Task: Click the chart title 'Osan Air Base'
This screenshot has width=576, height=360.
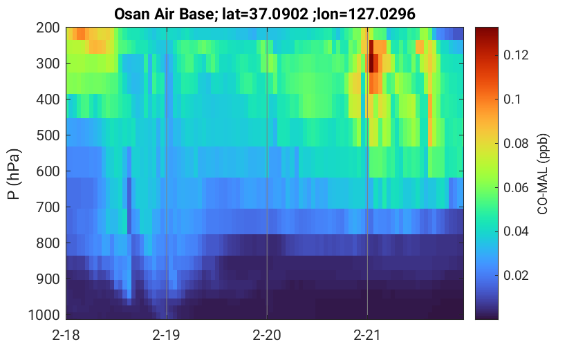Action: coord(163,14)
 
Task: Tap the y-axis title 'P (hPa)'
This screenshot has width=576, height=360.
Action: coord(14,174)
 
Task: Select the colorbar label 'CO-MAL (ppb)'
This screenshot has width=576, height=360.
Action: coord(543,174)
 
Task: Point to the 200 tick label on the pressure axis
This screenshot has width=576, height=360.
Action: coord(48,28)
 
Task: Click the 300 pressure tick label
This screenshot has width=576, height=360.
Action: coord(48,64)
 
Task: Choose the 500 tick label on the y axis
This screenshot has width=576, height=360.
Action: coord(48,135)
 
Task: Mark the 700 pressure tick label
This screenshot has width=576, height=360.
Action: coord(48,207)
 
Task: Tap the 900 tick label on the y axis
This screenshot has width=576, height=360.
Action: coord(48,279)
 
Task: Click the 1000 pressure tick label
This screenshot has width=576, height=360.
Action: coord(44,315)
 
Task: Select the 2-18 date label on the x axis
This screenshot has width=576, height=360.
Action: coord(66,335)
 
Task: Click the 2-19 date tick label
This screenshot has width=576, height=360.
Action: coord(167,335)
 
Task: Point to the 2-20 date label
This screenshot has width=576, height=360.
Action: coord(267,335)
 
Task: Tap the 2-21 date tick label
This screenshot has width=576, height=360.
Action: coord(367,335)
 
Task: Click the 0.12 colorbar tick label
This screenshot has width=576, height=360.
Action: coord(516,55)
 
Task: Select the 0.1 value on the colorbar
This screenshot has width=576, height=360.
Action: coord(512,99)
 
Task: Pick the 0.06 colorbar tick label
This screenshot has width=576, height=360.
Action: coord(516,187)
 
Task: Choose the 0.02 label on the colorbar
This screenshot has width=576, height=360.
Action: coord(516,276)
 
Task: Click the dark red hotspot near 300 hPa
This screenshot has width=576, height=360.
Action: coord(373,62)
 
